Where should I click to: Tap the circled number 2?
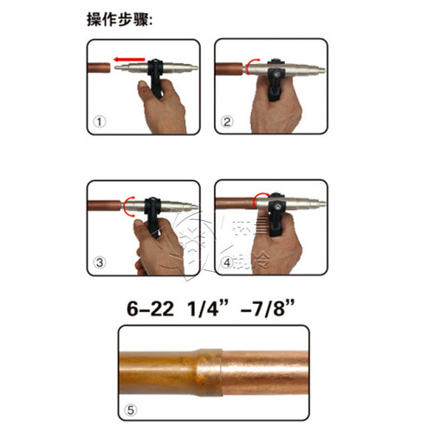227,122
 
